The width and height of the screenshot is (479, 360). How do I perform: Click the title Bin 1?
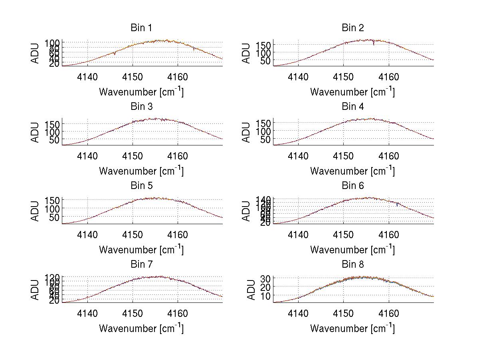pos(141,28)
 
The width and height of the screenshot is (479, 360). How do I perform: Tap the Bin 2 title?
pos(353,28)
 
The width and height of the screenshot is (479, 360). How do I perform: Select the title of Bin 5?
pos(141,186)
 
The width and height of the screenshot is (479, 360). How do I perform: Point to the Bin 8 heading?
pos(353,265)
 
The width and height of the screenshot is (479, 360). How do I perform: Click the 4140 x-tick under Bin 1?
pos(87,77)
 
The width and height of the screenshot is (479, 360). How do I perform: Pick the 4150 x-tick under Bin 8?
pos(343,314)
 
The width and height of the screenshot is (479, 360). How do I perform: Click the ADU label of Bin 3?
pos(36,132)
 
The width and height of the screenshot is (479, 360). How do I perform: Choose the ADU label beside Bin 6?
pos(247,211)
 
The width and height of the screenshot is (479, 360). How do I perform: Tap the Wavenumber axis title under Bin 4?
pos(352,171)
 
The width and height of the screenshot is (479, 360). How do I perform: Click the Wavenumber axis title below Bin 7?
pos(141,328)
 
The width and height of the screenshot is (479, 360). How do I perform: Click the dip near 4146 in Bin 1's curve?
pos(115,54)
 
